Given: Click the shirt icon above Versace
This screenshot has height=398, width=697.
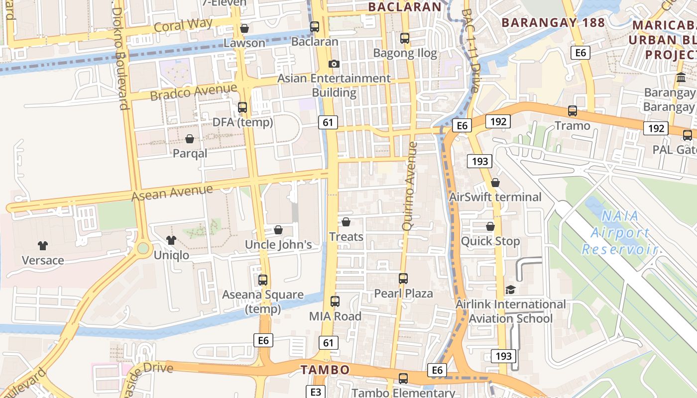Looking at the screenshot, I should coord(43,245).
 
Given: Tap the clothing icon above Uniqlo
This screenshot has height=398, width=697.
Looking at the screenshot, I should coord(171,240).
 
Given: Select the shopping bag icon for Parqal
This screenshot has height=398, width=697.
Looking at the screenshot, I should coord(190,139).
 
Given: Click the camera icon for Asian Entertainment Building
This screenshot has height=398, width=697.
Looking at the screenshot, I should coord(334,64).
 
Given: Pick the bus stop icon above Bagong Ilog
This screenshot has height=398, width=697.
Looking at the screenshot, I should coord(405,38).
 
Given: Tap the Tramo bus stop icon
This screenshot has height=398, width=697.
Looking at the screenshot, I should coord(573,111).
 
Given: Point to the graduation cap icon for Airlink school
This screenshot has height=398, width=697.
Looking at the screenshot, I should coord(510,290).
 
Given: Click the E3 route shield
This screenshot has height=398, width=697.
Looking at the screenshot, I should coord(316,392).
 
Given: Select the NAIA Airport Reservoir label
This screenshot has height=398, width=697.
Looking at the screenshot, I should coord(620,233).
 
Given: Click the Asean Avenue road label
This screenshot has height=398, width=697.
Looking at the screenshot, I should coord(172,192).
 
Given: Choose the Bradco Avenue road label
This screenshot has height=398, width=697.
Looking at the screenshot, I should coord(194,92).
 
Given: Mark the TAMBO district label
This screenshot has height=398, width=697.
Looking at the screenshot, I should coord(325,370).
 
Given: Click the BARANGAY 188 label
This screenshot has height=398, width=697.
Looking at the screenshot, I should coord(553,22).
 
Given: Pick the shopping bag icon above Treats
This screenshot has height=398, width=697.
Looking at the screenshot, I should coord(346,222).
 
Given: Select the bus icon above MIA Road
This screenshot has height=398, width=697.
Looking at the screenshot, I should coord(335,301).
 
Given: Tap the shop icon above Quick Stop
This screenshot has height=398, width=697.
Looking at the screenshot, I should coord(490,226).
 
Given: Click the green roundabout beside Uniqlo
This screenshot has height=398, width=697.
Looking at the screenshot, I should coord(143,248).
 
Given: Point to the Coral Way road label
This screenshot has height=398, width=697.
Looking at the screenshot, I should coord(183,24).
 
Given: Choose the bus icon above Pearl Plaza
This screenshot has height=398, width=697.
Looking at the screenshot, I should coord(403,279).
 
